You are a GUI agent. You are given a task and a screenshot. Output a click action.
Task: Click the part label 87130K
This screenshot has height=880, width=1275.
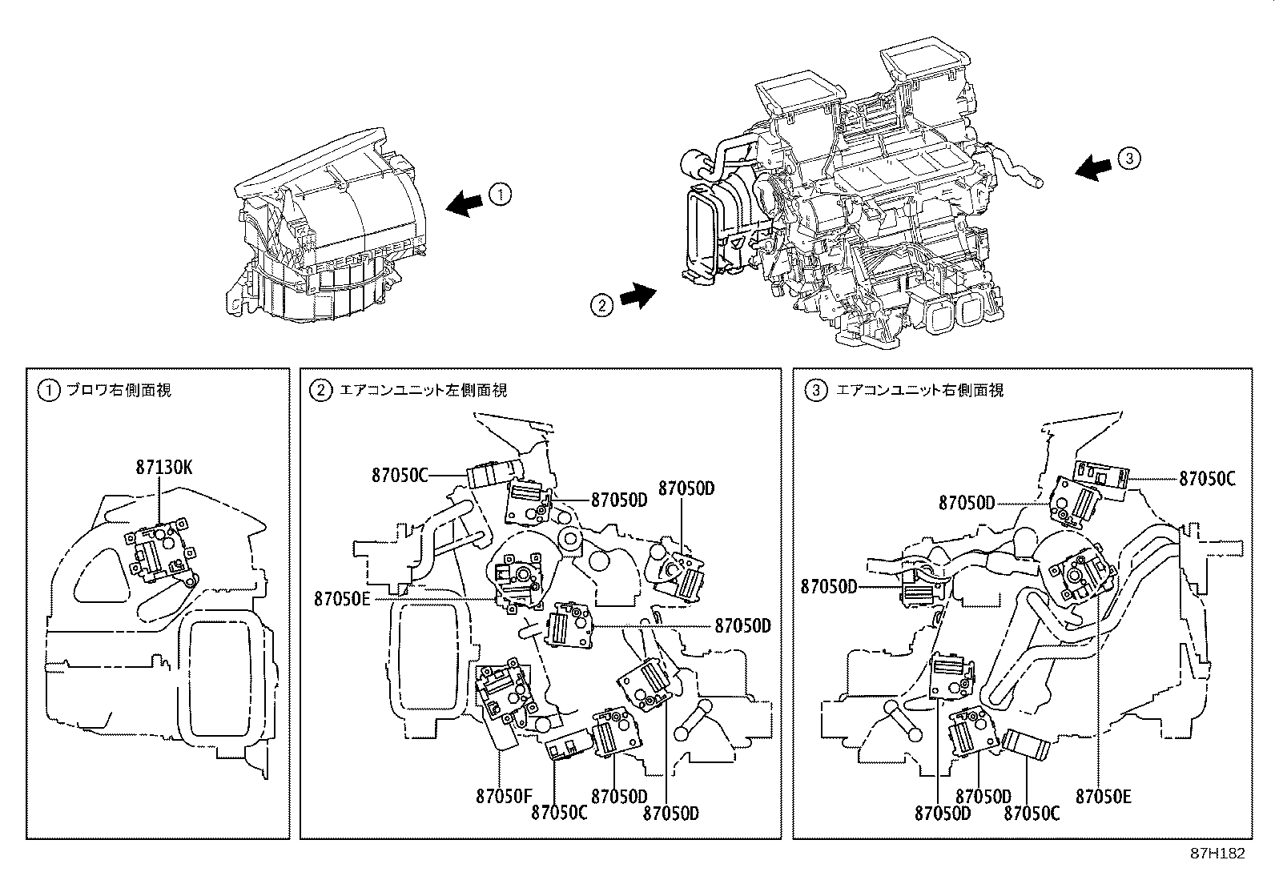pos(163,466)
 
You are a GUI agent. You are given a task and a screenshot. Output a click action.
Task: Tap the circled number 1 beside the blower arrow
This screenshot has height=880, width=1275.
pos(498,194)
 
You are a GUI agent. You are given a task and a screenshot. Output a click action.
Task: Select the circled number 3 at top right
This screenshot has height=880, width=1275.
pos(1129,159)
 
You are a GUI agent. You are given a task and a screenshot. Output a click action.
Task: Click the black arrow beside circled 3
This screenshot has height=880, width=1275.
pos(1092,167)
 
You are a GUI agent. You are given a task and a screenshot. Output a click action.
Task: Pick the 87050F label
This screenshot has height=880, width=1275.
pos(504,796)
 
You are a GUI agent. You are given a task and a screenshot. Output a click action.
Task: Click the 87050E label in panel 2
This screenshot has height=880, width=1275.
pos(342,597)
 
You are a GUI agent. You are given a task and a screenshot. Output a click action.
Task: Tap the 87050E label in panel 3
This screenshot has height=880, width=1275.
pos(1104,796)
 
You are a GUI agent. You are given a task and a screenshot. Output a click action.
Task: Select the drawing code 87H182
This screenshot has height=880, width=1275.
pos(1217,854)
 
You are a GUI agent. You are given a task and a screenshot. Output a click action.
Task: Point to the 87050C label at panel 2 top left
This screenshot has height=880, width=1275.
pos(400,475)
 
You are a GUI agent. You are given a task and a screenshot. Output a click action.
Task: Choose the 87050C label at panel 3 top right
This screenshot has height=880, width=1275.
pos(1207,479)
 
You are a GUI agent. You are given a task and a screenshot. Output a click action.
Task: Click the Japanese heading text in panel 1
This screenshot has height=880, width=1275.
pos(118,390)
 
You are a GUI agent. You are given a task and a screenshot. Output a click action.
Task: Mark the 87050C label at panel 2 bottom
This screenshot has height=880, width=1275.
pos(558,812)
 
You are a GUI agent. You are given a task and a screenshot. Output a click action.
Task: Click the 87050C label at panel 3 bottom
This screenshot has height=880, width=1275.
pos(1032,812)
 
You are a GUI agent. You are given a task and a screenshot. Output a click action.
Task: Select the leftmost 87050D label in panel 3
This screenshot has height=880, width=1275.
pos(829,587)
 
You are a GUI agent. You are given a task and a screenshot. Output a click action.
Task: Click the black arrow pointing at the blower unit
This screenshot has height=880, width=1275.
pos(465,203)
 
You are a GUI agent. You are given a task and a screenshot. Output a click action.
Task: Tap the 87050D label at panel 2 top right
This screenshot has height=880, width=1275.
pos(686,488)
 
